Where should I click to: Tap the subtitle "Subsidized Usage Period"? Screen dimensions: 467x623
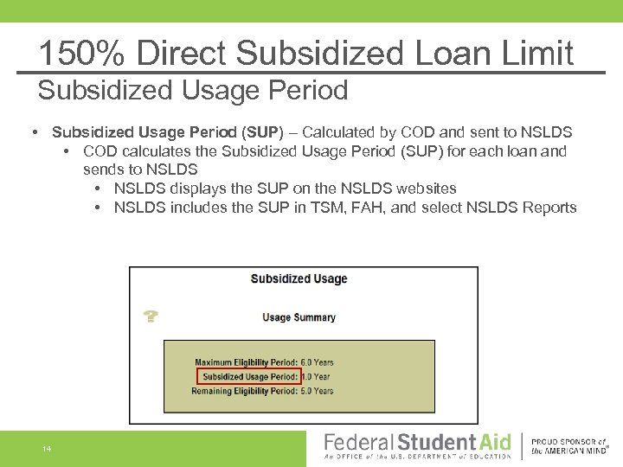[x=193, y=90]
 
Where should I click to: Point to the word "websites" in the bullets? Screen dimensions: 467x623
[x=427, y=189]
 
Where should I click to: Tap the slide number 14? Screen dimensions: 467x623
[x=46, y=449]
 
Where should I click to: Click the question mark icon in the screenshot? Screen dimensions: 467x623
[x=151, y=317]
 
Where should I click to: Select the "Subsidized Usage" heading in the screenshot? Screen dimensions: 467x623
[x=299, y=278]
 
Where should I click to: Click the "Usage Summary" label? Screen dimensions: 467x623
[x=299, y=317]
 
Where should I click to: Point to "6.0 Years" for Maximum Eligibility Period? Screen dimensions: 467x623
[x=317, y=362]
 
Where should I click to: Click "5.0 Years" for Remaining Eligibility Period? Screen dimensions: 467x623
[x=317, y=391]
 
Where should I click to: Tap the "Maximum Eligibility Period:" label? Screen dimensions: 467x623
[x=246, y=362]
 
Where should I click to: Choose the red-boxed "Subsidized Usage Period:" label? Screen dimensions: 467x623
[x=248, y=377]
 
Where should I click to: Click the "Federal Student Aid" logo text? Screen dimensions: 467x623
[x=417, y=443]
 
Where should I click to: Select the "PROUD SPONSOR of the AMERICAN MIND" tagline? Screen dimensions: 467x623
[x=569, y=445]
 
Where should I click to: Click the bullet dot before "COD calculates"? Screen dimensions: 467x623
[x=67, y=151]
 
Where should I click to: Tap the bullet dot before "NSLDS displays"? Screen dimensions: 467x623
[x=99, y=189]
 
